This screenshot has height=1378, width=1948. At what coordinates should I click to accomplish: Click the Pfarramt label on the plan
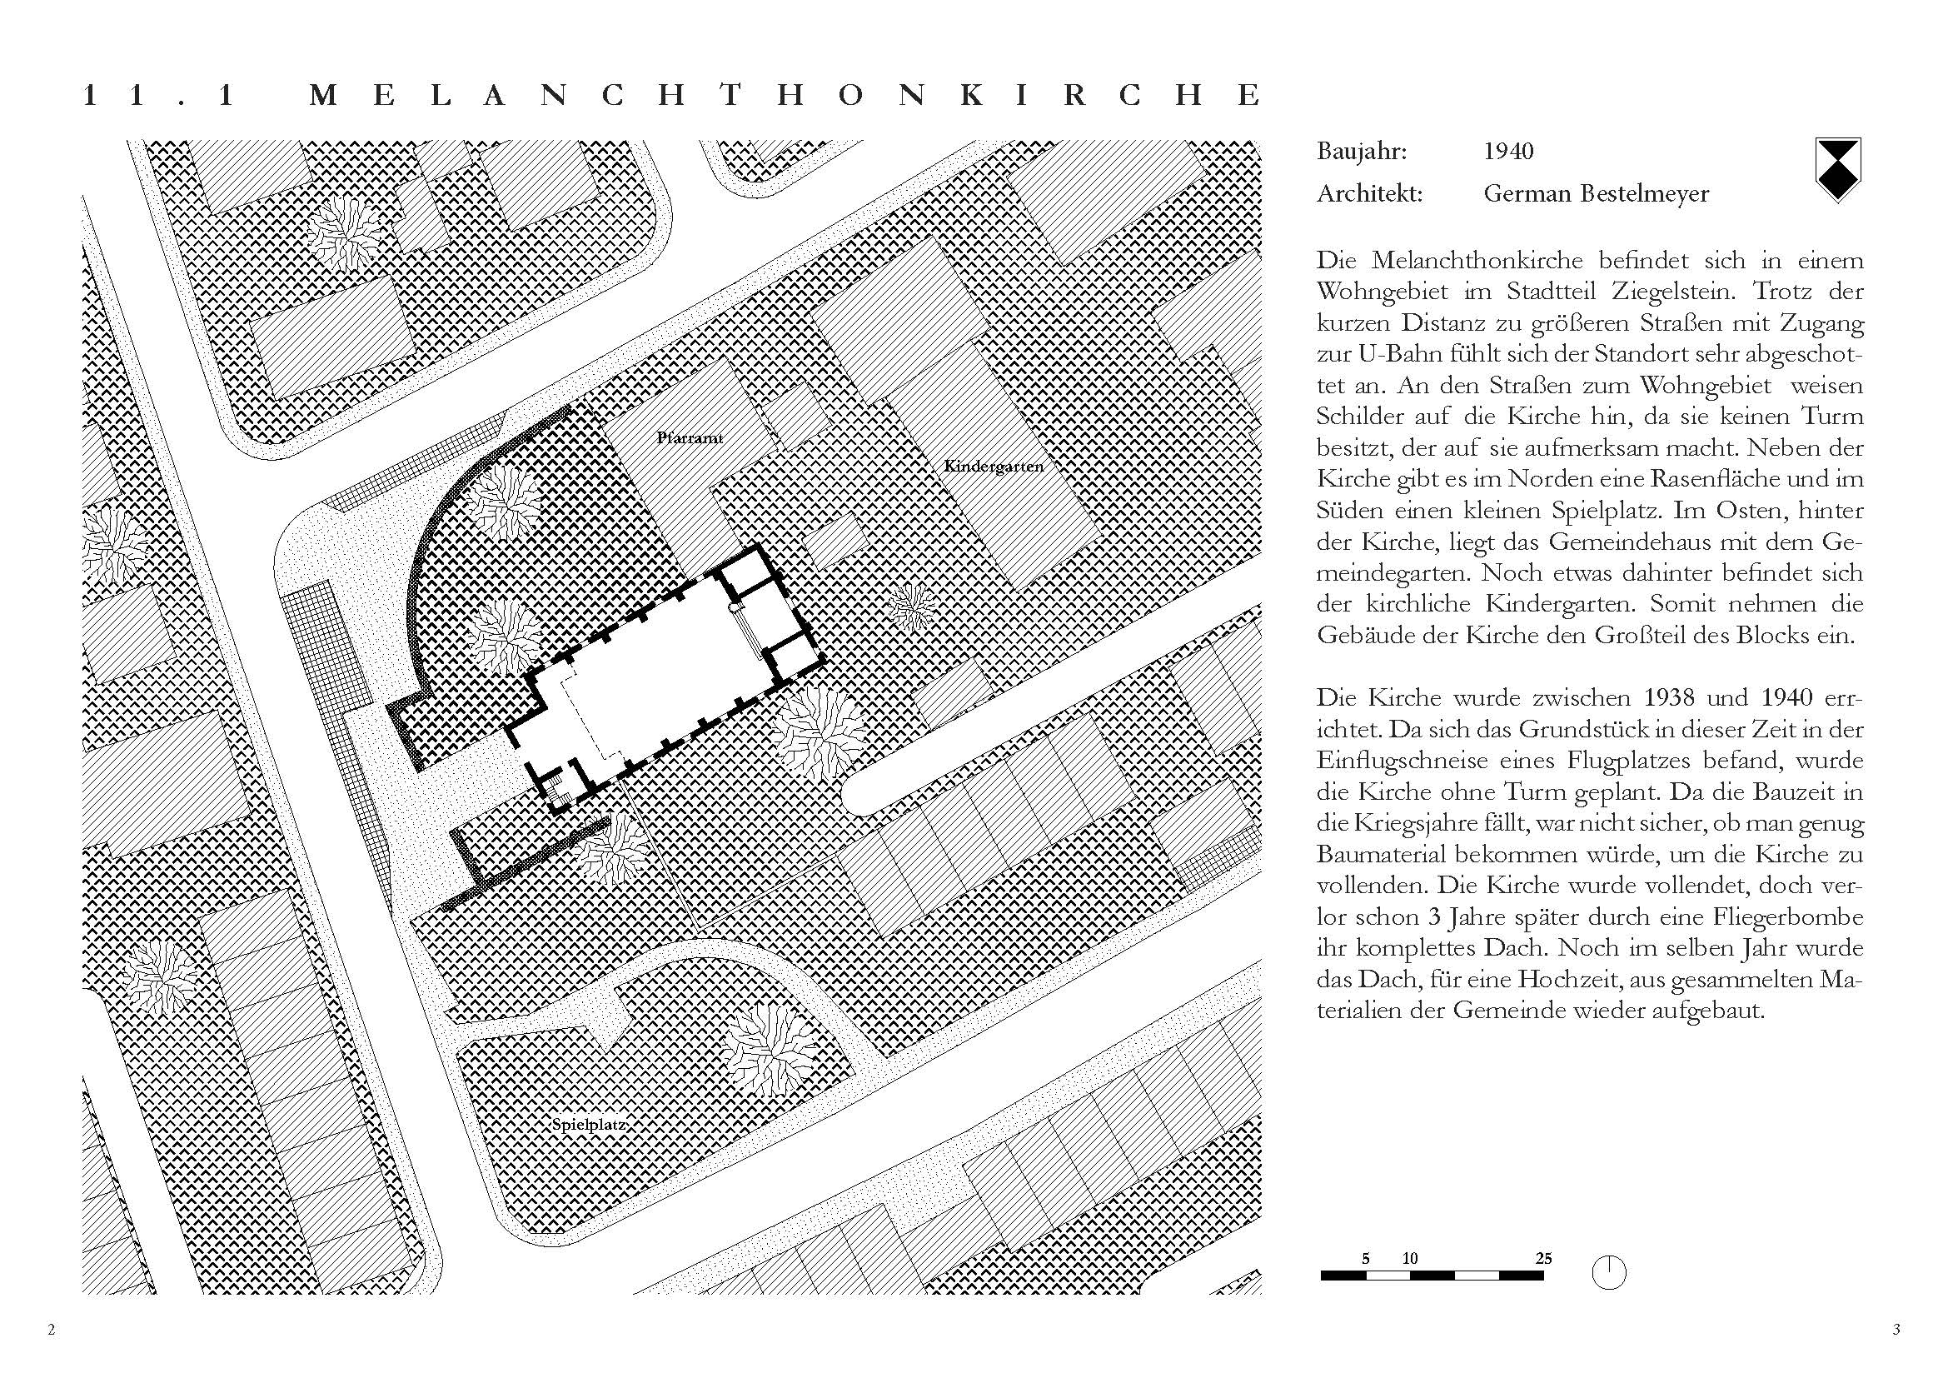pyautogui.click(x=689, y=439)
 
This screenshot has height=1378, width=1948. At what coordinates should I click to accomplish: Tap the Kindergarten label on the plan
pyautogui.click(x=993, y=466)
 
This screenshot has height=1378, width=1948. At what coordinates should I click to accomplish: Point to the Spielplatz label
pyautogui.click(x=589, y=1125)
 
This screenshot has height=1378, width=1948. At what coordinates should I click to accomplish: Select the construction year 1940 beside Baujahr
pyautogui.click(x=1507, y=152)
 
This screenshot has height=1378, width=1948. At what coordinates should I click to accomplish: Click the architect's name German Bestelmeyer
pyautogui.click(x=1596, y=194)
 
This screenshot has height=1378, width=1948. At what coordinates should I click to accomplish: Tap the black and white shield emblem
pyautogui.click(x=1837, y=170)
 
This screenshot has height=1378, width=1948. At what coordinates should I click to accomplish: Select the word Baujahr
pyautogui.click(x=1362, y=152)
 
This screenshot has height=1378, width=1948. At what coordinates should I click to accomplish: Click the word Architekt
pyautogui.click(x=1368, y=194)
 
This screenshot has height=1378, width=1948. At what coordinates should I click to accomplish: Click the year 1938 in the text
pyautogui.click(x=1670, y=698)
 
